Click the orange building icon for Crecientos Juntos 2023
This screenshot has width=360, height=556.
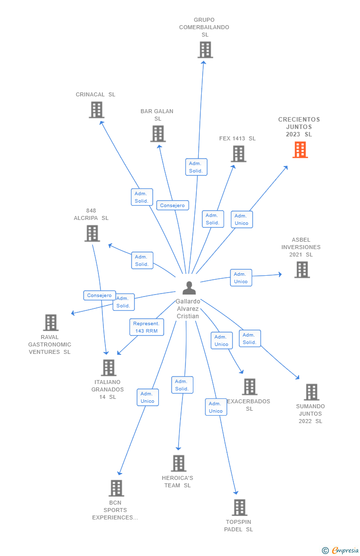[x=300, y=150]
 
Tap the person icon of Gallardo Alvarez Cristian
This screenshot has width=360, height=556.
[x=189, y=288]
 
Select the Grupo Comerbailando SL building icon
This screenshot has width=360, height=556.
[x=205, y=50]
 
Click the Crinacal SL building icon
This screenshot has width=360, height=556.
[x=96, y=110]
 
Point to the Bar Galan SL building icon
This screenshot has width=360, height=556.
[x=158, y=134]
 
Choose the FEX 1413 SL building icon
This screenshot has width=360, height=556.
[x=238, y=154]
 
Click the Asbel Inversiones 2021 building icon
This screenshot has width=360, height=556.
[x=302, y=270]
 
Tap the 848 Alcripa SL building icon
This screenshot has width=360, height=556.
[x=92, y=233]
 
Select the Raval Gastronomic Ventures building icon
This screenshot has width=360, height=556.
[x=50, y=323]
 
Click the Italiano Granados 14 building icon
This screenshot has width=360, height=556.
[x=108, y=368]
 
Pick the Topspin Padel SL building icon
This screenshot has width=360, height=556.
[x=239, y=508]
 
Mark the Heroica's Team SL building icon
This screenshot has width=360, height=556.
[x=179, y=464]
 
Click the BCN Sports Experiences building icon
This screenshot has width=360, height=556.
[x=116, y=488]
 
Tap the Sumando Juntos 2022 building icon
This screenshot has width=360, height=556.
[x=311, y=392]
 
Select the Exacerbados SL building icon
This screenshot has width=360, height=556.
[x=250, y=387]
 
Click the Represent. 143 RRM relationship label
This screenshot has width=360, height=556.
[x=146, y=327]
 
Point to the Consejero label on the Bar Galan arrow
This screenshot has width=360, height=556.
[x=173, y=205]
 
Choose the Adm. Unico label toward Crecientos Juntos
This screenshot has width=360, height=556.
[x=241, y=219]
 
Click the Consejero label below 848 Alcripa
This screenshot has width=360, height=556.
[x=99, y=296]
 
